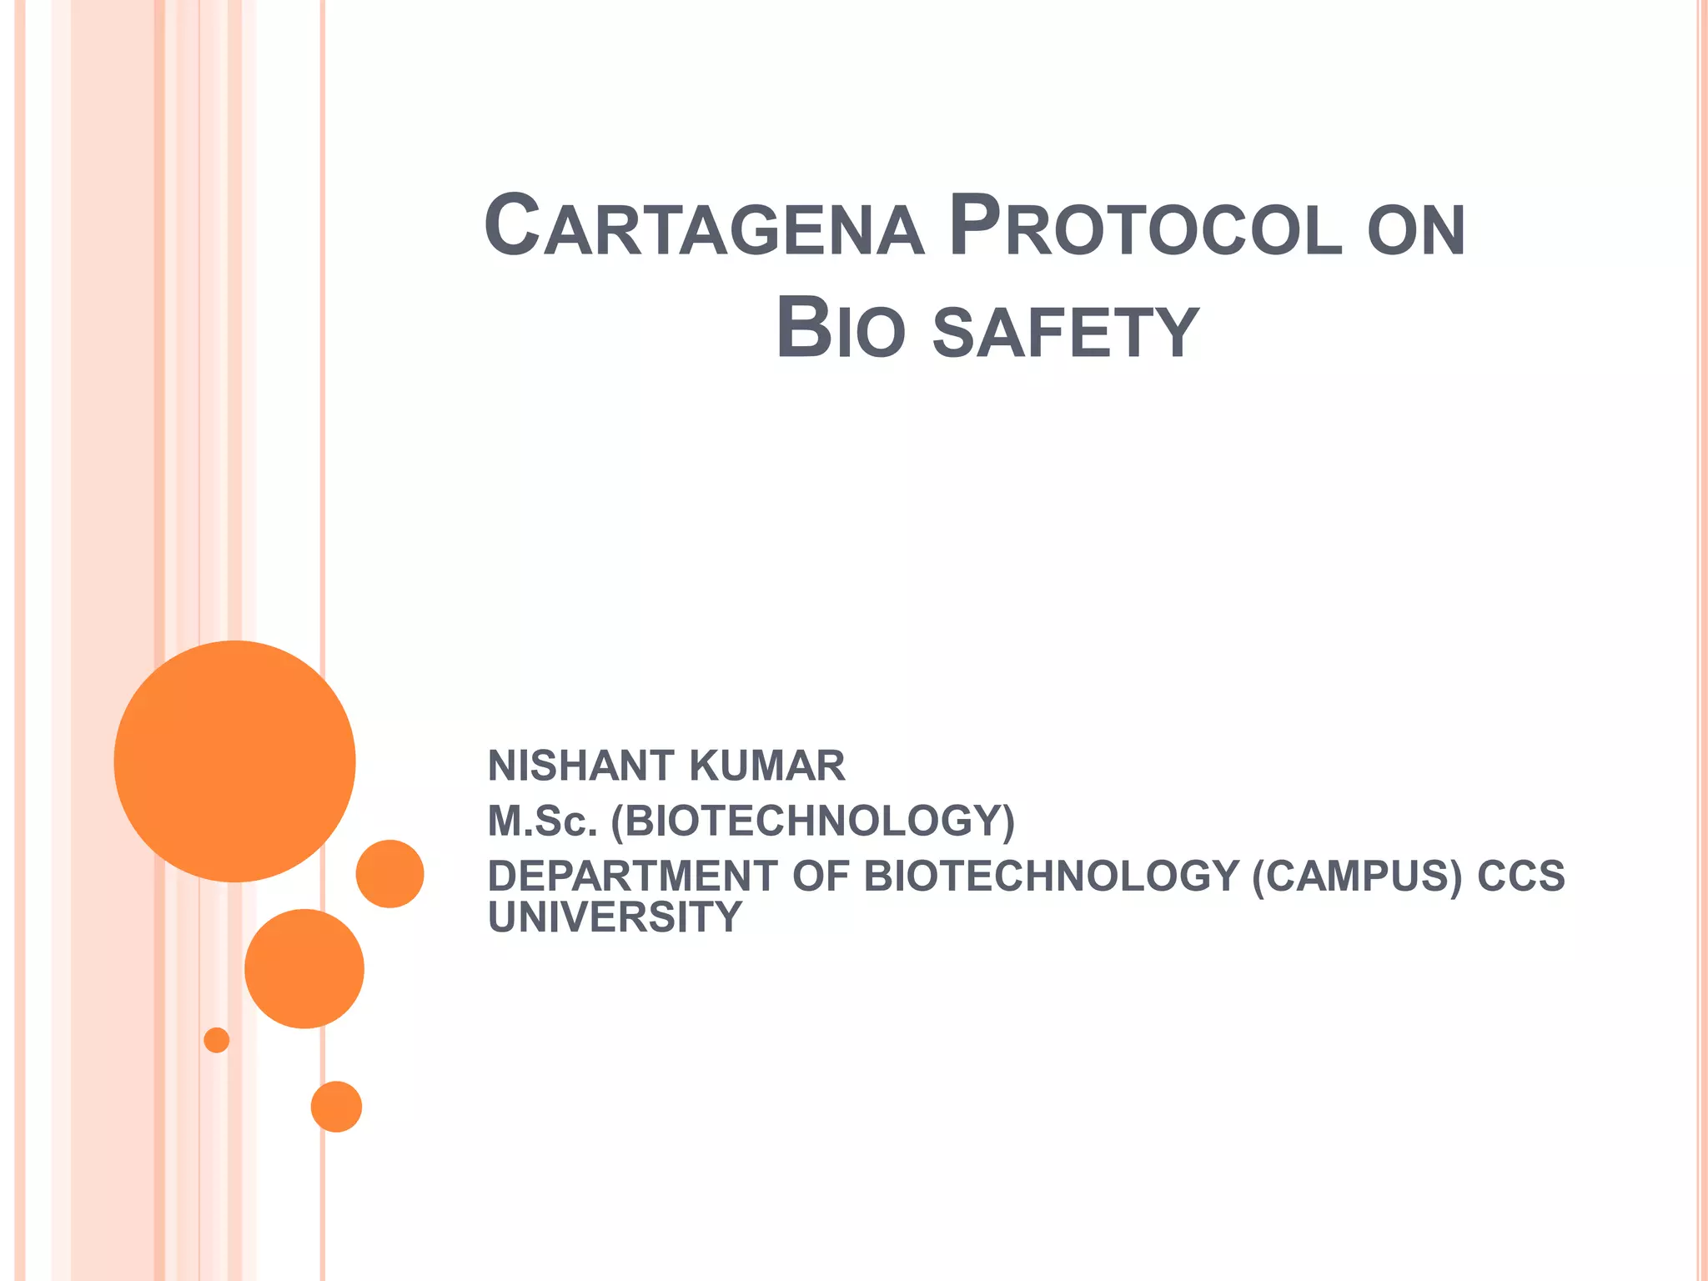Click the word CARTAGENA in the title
tap(704, 227)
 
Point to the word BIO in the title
tap(840, 329)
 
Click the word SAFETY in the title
tap(1065, 333)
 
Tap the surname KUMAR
tap(767, 766)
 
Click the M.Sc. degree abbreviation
tap(542, 821)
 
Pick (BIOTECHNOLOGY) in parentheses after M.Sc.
tap(813, 821)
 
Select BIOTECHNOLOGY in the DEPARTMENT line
tap(1051, 876)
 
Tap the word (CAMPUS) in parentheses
tap(1357, 876)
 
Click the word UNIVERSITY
tap(615, 917)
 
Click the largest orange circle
tap(234, 761)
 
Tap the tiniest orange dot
tap(217, 1040)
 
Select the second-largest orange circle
tap(304, 968)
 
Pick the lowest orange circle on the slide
tap(336, 1107)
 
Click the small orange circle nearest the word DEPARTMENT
tap(389, 873)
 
